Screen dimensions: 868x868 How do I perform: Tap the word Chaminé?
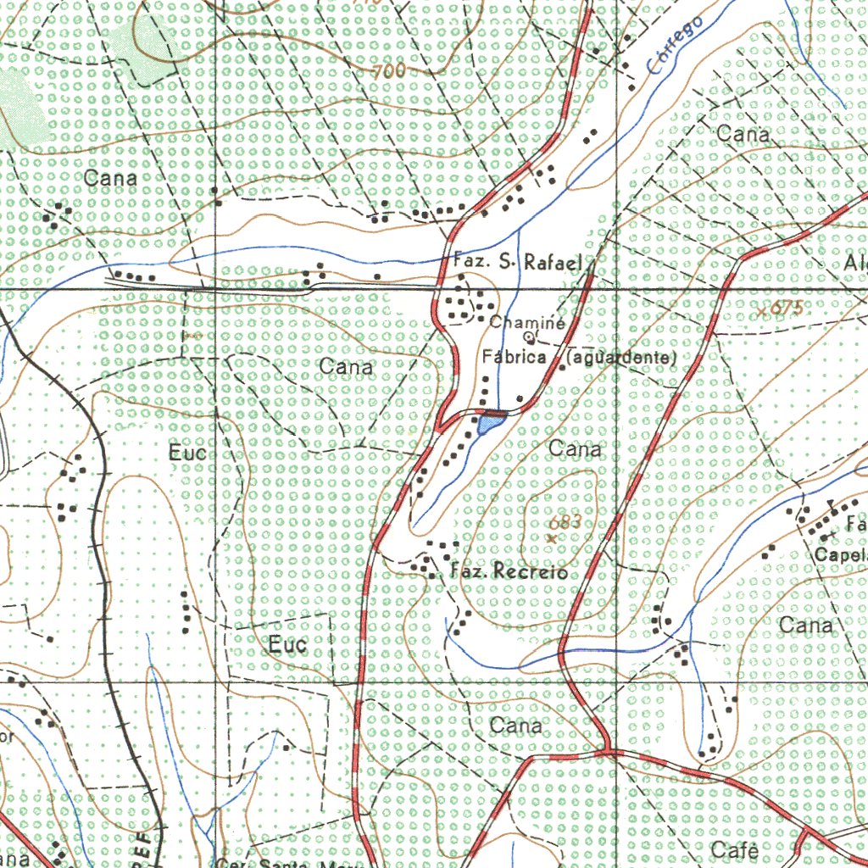(x=527, y=322)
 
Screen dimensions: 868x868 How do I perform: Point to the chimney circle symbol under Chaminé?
(x=526, y=337)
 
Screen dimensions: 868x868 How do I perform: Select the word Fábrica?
(x=515, y=358)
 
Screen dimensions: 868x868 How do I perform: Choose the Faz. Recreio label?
(x=508, y=572)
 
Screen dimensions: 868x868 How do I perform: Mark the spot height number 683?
(x=565, y=523)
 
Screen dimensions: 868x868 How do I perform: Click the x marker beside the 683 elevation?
(x=552, y=537)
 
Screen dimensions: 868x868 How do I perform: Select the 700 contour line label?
(x=388, y=73)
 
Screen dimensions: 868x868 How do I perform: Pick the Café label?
(x=735, y=849)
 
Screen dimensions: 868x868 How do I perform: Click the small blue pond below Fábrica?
(x=490, y=423)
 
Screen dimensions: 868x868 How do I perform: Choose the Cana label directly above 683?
(x=576, y=449)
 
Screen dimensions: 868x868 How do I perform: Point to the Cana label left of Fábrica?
(x=346, y=367)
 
